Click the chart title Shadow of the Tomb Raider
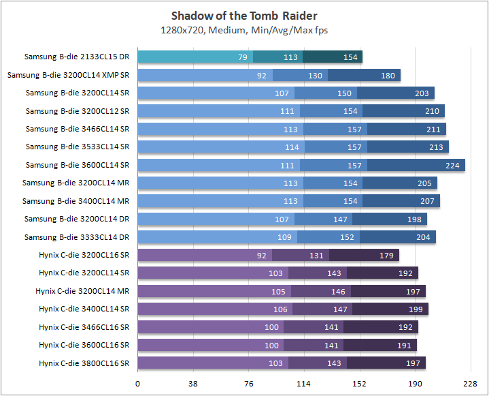[x=244, y=16]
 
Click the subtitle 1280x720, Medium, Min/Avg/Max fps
[x=244, y=29]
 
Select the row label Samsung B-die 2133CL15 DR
[x=77, y=57]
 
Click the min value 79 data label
[x=243, y=57]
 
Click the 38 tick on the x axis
[x=193, y=384]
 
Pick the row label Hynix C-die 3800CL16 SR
[x=84, y=363]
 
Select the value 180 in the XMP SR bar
[x=388, y=75]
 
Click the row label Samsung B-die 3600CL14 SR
[x=77, y=165]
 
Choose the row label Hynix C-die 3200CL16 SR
[x=84, y=255]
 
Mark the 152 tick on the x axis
[x=359, y=384]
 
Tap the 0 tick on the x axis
[x=138, y=384]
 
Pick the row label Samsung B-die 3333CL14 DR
[x=77, y=237]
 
